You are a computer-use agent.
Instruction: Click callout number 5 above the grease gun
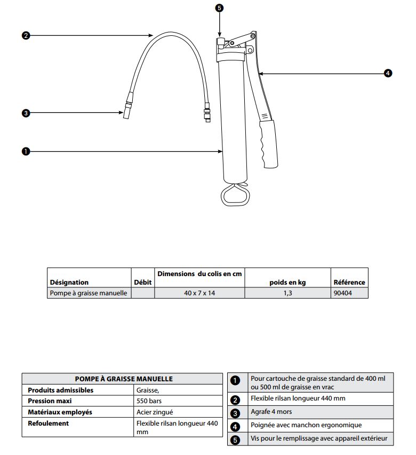point(220,8)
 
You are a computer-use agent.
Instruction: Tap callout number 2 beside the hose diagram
point(26,36)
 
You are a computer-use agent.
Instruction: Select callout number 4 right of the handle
point(388,73)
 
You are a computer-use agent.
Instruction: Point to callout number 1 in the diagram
point(26,151)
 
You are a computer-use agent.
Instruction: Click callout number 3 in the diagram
point(26,113)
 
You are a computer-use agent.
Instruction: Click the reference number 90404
point(342,293)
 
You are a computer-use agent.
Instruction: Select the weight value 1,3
point(288,293)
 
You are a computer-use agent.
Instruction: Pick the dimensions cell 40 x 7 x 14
point(199,293)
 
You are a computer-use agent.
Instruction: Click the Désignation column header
point(69,282)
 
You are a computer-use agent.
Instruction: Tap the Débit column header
point(142,282)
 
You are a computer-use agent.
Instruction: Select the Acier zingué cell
point(155,412)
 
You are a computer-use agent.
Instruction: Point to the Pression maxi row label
point(50,401)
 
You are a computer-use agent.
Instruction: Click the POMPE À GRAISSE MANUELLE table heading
point(123,379)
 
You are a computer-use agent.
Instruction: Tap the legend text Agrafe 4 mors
point(271,412)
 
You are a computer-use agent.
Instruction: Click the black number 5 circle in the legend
point(235,440)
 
